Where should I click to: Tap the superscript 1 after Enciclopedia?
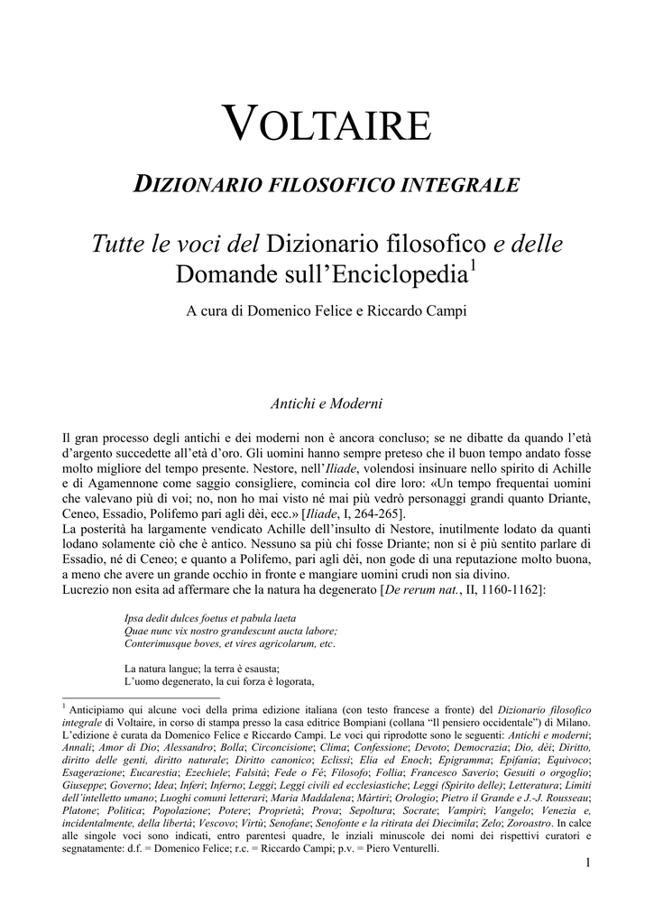click(474, 266)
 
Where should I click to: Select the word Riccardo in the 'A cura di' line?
click(394, 311)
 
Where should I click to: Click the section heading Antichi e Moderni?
click(327, 402)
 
